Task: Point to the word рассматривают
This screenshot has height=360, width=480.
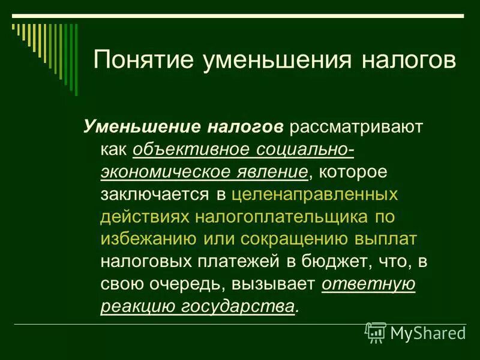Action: tap(356, 127)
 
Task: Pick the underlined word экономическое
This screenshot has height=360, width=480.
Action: tap(173, 172)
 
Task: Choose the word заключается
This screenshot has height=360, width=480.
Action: tap(155, 194)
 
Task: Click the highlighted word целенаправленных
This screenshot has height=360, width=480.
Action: tap(314, 194)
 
